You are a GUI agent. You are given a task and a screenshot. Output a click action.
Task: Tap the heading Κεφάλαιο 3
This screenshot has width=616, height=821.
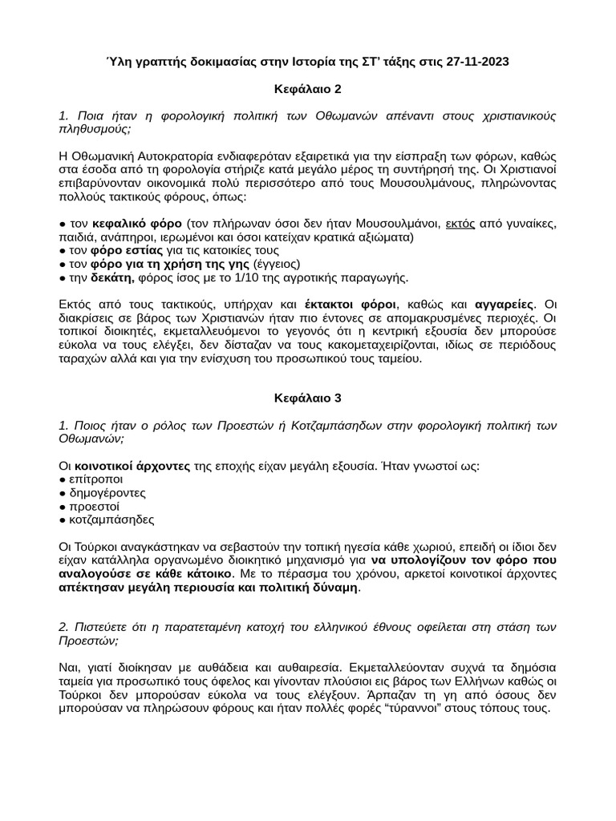(307, 396)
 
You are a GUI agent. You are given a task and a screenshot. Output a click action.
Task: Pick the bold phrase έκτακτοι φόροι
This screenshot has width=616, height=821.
(350, 305)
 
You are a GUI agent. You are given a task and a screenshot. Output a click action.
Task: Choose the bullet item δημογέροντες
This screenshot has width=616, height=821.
(111, 492)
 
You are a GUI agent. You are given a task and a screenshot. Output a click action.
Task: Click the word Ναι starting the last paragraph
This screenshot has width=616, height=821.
(70, 666)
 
